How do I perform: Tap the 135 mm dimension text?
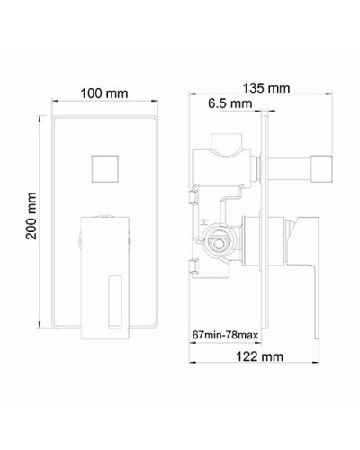pos(267,88)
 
